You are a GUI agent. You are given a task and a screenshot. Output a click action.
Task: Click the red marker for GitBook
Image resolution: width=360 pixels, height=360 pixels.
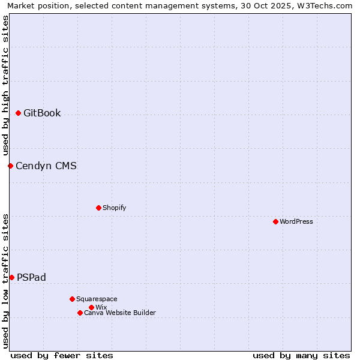(18, 113)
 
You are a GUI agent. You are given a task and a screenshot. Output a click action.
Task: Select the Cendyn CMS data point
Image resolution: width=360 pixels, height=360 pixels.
(10, 166)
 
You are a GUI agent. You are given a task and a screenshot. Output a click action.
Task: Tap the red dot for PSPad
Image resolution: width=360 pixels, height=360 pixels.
(11, 277)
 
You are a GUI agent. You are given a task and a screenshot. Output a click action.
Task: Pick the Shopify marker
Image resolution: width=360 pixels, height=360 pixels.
(98, 208)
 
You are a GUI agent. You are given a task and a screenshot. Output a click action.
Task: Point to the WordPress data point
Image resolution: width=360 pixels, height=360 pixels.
(275, 221)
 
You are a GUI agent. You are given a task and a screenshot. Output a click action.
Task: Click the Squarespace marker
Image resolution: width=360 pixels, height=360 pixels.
(72, 299)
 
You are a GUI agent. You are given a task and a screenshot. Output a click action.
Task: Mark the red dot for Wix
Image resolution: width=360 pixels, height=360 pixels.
(91, 307)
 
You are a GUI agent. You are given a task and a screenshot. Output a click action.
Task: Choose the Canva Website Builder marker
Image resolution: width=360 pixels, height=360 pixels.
(80, 313)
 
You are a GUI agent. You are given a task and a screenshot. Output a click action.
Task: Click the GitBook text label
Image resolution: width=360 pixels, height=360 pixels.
(42, 113)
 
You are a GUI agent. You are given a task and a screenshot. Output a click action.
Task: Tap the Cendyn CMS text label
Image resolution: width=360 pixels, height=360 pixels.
(46, 166)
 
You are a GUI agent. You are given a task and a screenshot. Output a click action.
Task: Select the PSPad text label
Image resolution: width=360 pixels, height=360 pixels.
(31, 277)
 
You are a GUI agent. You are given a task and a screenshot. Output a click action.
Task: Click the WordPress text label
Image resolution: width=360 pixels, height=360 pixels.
(296, 221)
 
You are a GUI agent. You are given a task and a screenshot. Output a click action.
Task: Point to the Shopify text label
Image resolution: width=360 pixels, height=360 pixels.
(114, 208)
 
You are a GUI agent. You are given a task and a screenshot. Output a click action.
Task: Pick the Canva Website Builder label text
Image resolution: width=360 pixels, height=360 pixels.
(120, 313)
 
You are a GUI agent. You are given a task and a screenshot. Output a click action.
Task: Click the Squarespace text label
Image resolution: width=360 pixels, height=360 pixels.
(97, 299)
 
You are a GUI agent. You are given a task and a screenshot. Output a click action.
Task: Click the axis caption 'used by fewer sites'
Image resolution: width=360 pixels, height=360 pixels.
(62, 355)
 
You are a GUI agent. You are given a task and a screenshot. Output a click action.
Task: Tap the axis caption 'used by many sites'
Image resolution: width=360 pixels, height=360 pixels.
(301, 355)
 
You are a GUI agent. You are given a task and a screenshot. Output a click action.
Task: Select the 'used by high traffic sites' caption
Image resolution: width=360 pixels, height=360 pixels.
(5, 86)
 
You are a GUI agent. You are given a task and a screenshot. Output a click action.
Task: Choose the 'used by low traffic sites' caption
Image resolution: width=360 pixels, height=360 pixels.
(5, 280)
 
